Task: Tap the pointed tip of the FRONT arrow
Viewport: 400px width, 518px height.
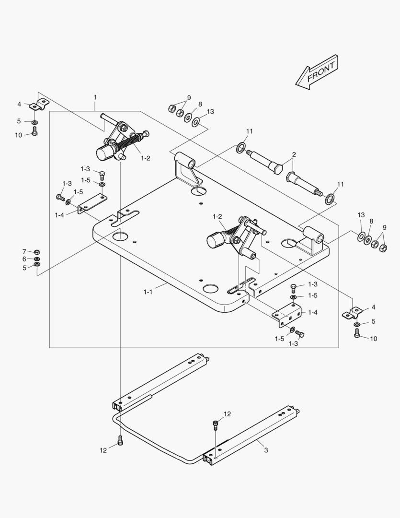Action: pyautogui.click(x=297, y=83)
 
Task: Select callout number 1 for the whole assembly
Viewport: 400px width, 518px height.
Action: pyautogui.click(x=95, y=97)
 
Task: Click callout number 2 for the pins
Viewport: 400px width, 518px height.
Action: pyautogui.click(x=294, y=154)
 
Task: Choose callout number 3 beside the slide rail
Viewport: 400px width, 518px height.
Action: pyautogui.click(x=266, y=450)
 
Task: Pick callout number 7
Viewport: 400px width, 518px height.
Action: pyautogui.click(x=24, y=251)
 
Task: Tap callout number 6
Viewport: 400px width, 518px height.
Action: pyautogui.click(x=24, y=259)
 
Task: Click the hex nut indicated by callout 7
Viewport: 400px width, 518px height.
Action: pyautogui.click(x=37, y=252)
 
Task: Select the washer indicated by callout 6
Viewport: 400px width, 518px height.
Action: pyautogui.click(x=37, y=259)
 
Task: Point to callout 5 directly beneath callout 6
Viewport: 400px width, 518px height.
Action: pyautogui.click(x=24, y=268)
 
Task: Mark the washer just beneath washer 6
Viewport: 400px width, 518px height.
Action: pyautogui.click(x=37, y=265)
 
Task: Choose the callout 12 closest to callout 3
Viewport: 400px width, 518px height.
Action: pyautogui.click(x=227, y=414)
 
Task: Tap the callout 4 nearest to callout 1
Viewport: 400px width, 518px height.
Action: pyautogui.click(x=19, y=104)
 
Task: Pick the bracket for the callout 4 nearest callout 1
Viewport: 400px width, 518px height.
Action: pyautogui.click(x=37, y=104)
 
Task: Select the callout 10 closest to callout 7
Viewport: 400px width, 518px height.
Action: pyautogui.click(x=18, y=135)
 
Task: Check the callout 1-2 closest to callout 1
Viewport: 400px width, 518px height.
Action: pyautogui.click(x=146, y=158)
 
